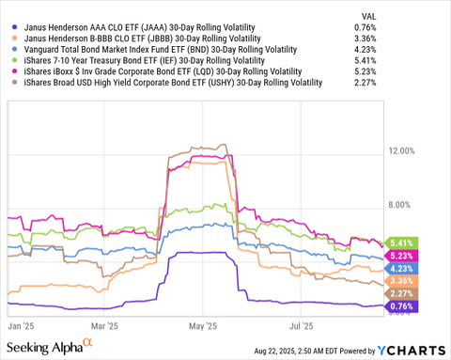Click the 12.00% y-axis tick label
tap(402, 150)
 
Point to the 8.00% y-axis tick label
tap(402, 205)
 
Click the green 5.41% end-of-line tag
tap(401, 242)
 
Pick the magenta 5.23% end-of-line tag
tap(401, 255)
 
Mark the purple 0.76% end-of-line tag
tap(401, 306)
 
